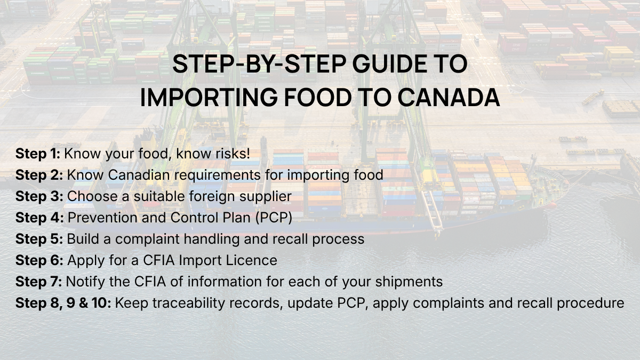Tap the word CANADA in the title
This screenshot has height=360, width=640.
pyautogui.click(x=449, y=98)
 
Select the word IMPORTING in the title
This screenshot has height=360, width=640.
pyautogui.click(x=209, y=98)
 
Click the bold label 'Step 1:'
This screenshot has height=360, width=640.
pyautogui.click(x=38, y=154)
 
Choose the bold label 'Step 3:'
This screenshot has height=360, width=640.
pyautogui.click(x=39, y=196)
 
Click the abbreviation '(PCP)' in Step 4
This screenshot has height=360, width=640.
pyautogui.click(x=274, y=218)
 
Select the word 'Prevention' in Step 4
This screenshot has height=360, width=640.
pyautogui.click(x=102, y=218)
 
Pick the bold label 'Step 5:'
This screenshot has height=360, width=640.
pyautogui.click(x=39, y=239)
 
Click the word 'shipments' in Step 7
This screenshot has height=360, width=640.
pyautogui.click(x=409, y=282)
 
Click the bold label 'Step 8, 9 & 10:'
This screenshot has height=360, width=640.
pyautogui.click(x=63, y=303)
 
